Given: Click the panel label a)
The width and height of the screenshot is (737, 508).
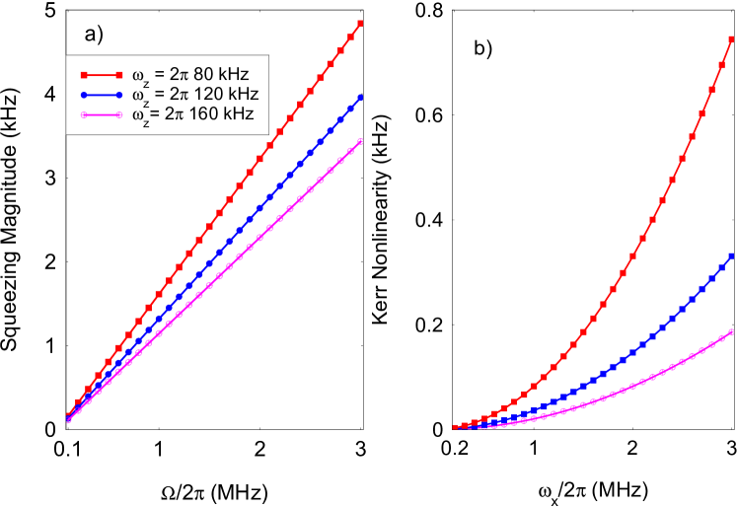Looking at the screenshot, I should [94, 36].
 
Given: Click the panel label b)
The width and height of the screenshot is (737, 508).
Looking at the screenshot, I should [482, 48].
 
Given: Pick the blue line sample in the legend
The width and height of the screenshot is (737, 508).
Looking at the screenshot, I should [100, 96].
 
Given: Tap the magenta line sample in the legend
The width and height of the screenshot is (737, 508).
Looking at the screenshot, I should [100, 114].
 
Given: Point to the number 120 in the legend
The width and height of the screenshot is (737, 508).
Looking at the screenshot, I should [208, 95].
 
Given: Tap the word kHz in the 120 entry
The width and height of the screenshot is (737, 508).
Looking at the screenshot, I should [242, 95].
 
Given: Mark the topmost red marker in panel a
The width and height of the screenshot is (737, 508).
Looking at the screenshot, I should [360, 23].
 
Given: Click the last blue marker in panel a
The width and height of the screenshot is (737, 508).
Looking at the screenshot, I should [360, 98].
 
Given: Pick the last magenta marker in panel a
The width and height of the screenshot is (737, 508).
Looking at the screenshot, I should [360, 141].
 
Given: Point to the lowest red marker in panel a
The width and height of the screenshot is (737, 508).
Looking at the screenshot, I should [68, 416].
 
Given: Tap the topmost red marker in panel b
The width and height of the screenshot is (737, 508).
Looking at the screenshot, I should [732, 39].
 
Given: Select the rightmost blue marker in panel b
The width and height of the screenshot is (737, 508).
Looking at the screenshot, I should [732, 255].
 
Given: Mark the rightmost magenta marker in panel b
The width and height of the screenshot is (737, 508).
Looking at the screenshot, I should [732, 332].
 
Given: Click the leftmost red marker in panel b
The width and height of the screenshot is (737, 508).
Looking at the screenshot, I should [456, 427].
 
